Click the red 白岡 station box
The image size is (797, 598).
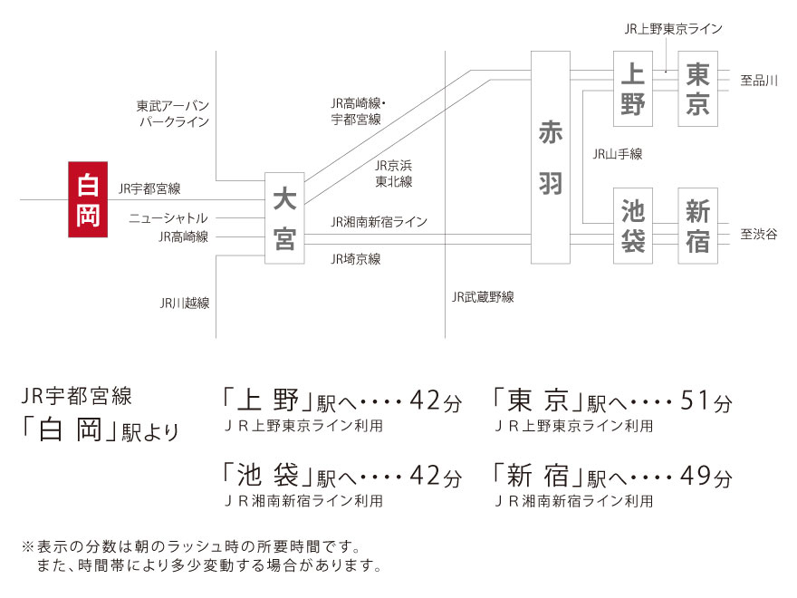coord(88,199)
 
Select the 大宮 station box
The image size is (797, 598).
coord(284,218)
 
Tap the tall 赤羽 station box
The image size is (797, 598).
coord(551,157)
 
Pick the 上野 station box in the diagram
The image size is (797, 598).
coord(633,89)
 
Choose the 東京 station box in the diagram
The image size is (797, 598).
coord(698,89)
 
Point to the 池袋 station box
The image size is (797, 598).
coord(633,226)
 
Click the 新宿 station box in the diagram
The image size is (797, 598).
coord(698,226)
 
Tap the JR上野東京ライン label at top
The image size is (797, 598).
coord(674,29)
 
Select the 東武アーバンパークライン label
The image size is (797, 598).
coord(173,113)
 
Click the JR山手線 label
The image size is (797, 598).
coord(618,153)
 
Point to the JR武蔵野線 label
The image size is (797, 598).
coord(483,296)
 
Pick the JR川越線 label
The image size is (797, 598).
coord(185,303)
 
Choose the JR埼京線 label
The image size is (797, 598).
coord(356,259)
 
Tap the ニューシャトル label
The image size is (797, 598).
coord(168,218)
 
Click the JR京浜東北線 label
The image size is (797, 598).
coord(393,173)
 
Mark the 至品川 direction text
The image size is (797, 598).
coord(759,80)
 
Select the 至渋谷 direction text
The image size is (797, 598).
coord(759,234)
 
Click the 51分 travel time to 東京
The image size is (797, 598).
coord(706,400)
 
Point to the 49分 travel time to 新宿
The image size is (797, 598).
coord(706,476)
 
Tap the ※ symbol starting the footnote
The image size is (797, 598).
coord(28,546)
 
